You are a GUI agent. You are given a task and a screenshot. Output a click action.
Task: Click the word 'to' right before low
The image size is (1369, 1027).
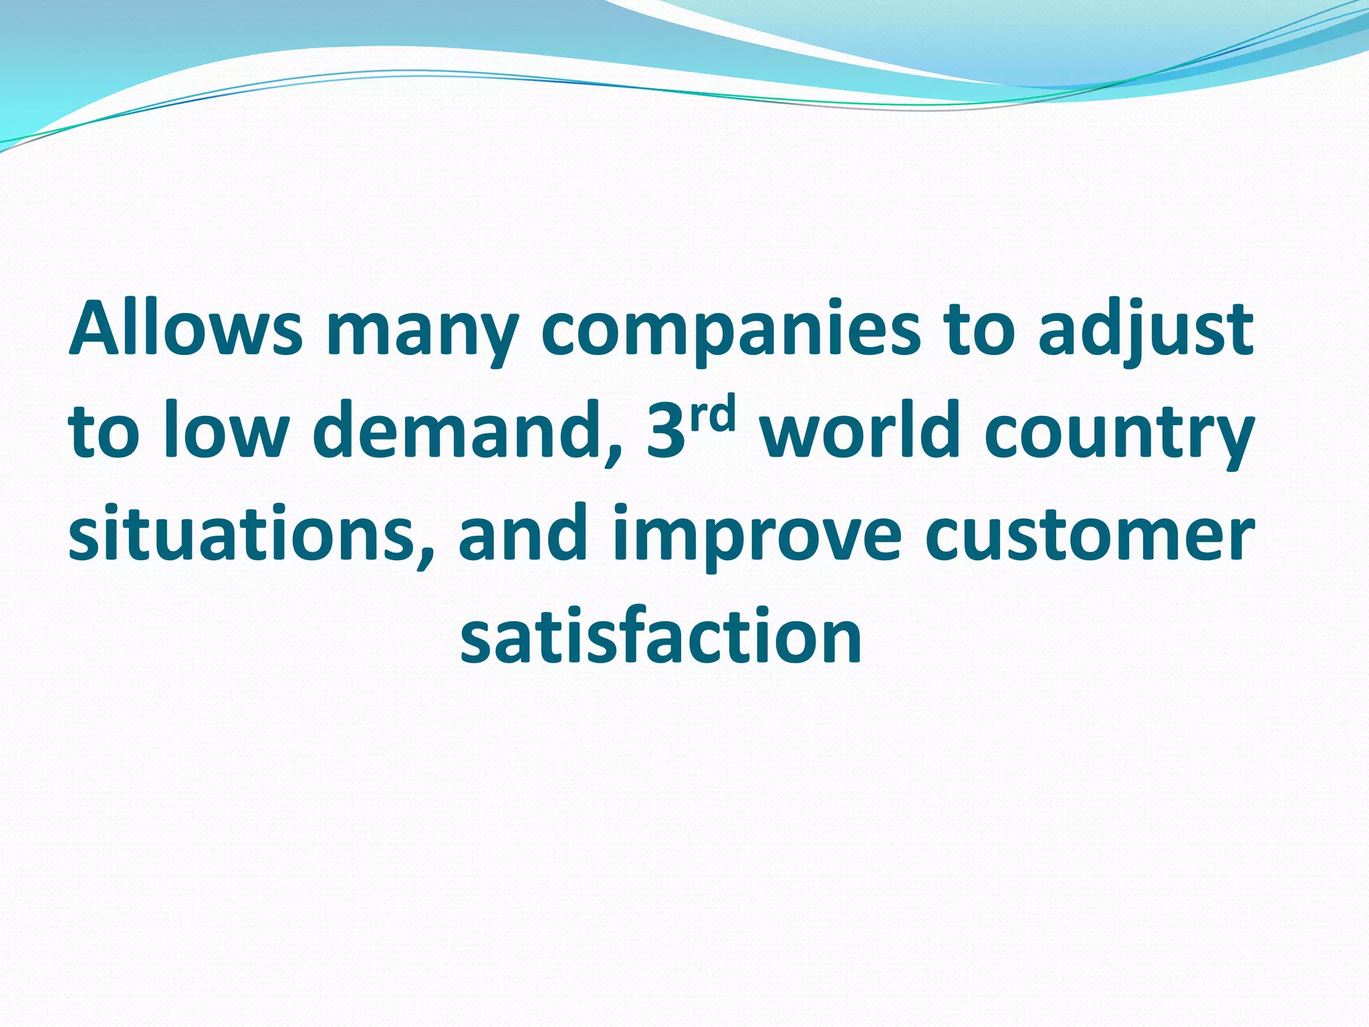pyautogui.click(x=103, y=433)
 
